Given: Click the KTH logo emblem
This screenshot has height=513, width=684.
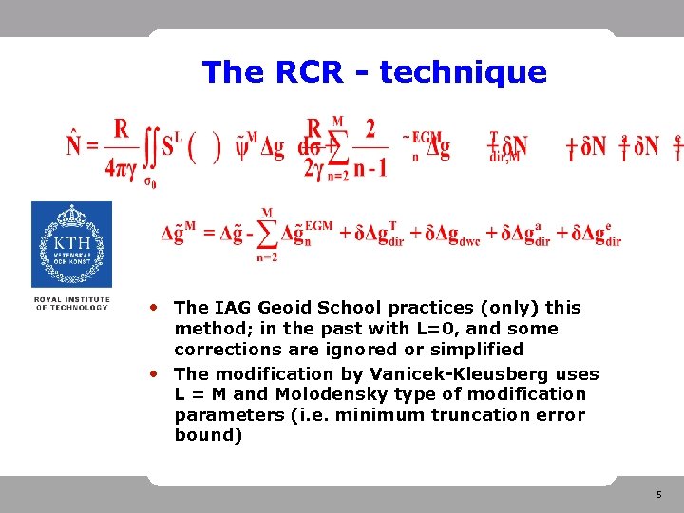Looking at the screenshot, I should click(x=71, y=244).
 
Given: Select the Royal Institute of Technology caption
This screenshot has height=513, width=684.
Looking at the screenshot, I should click(x=71, y=303).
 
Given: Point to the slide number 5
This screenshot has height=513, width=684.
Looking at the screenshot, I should click(x=658, y=495).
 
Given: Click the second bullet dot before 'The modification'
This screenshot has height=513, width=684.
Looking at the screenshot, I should click(x=153, y=373).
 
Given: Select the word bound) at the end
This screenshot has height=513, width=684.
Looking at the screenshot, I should click(x=208, y=435).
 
